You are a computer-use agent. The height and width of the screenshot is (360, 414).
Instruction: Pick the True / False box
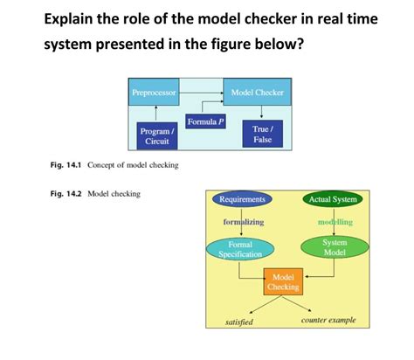click(x=262, y=134)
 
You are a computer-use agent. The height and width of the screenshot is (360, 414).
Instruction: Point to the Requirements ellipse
click(x=242, y=199)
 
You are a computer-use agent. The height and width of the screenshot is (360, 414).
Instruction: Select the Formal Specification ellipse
click(x=240, y=250)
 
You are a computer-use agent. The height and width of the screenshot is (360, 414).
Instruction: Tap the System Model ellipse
click(x=335, y=246)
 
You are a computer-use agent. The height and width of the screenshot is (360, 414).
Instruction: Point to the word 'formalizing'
click(x=244, y=222)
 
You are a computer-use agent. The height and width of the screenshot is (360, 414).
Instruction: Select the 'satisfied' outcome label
click(x=239, y=322)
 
